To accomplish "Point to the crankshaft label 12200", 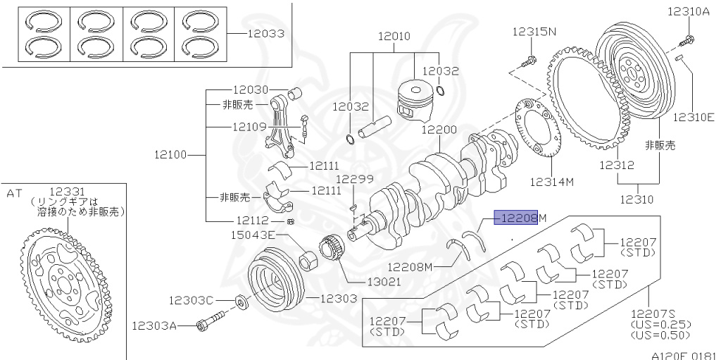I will pyautogui.click(x=439, y=130).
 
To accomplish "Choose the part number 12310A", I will pyautogui.click(x=691, y=11).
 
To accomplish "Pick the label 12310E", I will pyautogui.click(x=694, y=117).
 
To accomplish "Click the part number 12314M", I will pyautogui.click(x=551, y=182).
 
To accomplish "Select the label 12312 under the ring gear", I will pyautogui.click(x=617, y=166).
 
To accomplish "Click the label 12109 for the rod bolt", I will pyautogui.click(x=250, y=127).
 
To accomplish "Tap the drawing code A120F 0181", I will pyautogui.click(x=683, y=355).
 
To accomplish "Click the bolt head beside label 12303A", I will pyautogui.click(x=205, y=325).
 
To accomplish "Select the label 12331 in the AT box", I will pyautogui.click(x=67, y=191).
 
